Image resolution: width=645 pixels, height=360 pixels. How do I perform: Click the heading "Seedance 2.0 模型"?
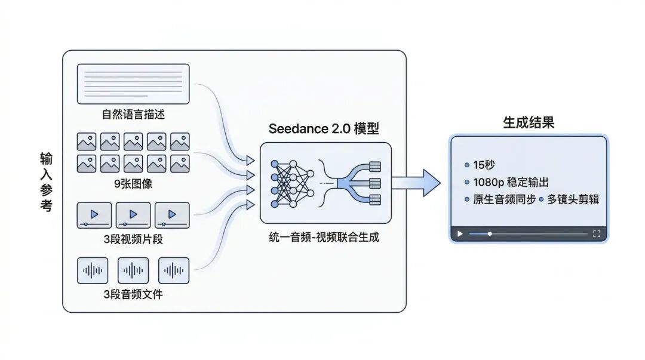coord(324,128)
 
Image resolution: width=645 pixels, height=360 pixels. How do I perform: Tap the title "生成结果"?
coord(529,123)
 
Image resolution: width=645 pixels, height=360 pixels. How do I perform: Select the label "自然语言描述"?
coord(133,113)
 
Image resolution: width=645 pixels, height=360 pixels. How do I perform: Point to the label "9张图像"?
coord(133,183)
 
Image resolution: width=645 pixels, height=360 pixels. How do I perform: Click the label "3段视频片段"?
coord(133,239)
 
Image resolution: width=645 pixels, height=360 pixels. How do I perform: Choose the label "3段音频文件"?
coord(133,294)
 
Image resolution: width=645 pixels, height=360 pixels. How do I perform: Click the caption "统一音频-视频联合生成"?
coord(324,237)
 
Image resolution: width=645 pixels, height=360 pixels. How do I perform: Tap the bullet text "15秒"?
coord(484,165)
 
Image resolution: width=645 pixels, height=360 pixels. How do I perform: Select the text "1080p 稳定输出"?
coord(510,182)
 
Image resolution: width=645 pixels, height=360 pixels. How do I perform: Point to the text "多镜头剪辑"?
coord(572,199)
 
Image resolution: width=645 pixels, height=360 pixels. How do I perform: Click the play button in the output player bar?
coord(460,233)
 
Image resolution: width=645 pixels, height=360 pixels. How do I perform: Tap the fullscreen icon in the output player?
coord(596,233)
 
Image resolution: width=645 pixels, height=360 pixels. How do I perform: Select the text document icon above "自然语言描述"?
coord(133,83)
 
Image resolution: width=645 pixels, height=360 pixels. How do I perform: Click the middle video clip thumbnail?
coord(133,215)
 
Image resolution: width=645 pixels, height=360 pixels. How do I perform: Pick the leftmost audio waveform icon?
coord(93,270)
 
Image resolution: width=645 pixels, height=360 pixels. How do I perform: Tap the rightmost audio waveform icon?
coord(173,270)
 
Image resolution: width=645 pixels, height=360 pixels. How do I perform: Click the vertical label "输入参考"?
coord(46,182)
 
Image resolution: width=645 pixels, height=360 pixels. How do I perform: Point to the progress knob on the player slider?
coord(490,233)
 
